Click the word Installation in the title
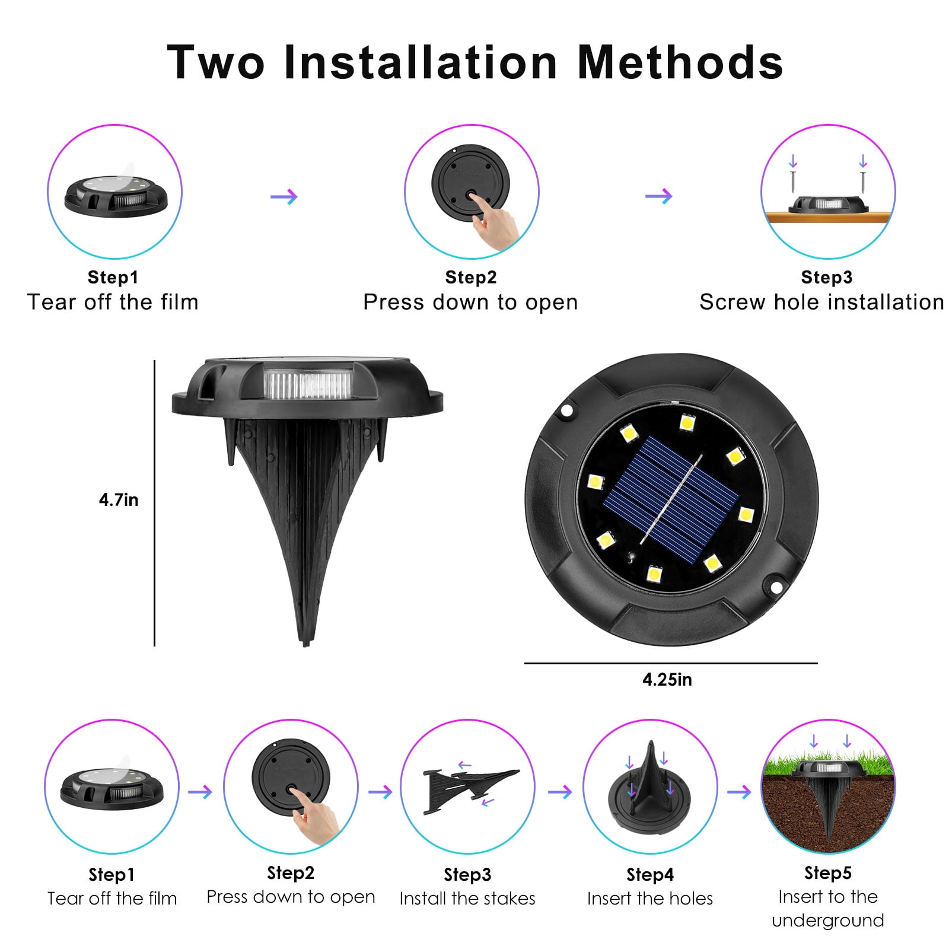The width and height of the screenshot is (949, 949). [x=421, y=62]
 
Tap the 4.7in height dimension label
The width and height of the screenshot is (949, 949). [x=119, y=500]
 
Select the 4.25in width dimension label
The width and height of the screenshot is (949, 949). [x=667, y=680]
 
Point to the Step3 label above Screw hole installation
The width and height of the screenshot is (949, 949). [x=826, y=277]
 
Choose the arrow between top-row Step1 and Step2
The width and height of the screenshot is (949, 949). [x=284, y=196]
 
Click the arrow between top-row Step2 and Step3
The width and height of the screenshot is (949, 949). [x=658, y=196]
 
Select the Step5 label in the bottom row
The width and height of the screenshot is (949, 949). [x=827, y=873]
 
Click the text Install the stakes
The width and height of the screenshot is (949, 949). [x=467, y=899]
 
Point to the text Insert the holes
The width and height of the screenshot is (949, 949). [x=650, y=899]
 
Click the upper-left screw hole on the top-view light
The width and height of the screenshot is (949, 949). [x=567, y=410]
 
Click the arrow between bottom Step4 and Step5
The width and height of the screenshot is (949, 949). [x=739, y=792]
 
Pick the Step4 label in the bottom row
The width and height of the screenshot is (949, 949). [x=650, y=875]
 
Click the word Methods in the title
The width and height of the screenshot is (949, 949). [x=680, y=62]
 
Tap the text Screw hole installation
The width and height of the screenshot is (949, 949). [x=822, y=302]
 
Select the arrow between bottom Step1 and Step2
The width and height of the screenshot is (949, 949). [x=200, y=792]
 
